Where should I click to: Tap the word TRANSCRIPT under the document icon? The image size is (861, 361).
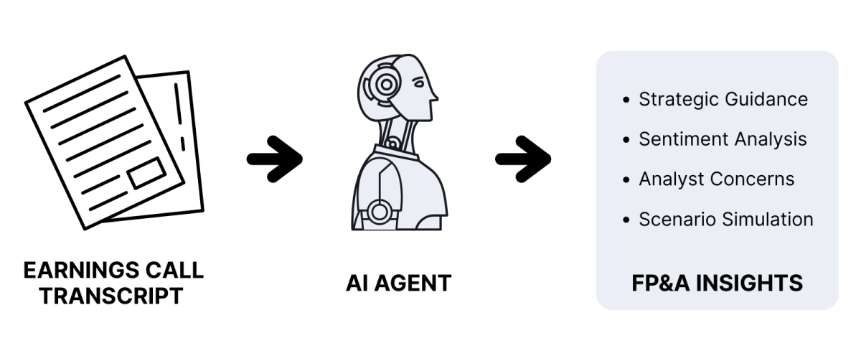click(111, 296)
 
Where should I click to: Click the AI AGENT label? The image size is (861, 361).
click(399, 283)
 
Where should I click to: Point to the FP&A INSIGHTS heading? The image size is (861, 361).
click(717, 283)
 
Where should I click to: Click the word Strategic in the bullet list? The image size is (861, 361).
click(679, 100)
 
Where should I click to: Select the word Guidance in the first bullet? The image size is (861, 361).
click(766, 99)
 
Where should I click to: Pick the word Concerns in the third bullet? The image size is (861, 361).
click(752, 179)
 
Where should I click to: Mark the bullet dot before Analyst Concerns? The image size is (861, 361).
click(626, 179)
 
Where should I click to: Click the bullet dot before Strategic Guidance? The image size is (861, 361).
click(626, 100)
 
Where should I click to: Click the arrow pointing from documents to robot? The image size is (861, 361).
click(275, 159)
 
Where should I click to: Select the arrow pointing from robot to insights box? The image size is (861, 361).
click(523, 159)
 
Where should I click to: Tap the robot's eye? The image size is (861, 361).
click(418, 82)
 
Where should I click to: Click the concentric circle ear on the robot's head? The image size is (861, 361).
click(387, 85)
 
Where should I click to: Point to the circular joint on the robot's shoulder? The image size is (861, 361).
click(379, 212)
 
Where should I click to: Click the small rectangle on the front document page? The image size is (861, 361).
click(147, 174)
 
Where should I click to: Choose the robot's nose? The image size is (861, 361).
click(435, 95)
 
